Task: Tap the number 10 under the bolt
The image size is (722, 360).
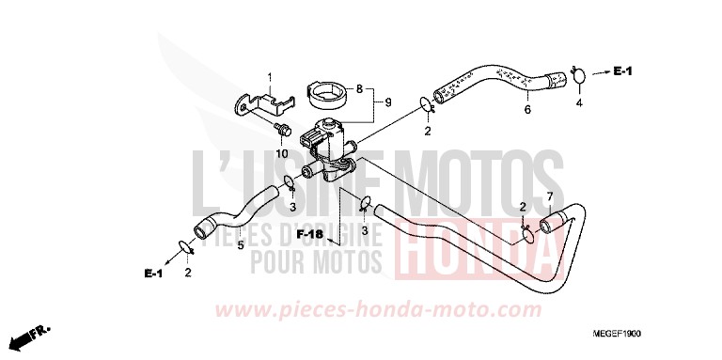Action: click(x=281, y=153)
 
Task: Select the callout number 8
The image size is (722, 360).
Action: click(x=357, y=90)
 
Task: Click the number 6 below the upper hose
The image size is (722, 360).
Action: click(x=526, y=111)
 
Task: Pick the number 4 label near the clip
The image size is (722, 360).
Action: click(x=579, y=102)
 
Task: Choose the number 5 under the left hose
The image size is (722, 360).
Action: click(x=240, y=245)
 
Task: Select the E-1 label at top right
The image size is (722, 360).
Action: click(x=624, y=71)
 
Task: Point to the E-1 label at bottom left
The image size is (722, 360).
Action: click(x=153, y=274)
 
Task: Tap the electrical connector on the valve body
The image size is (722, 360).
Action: click(x=313, y=143)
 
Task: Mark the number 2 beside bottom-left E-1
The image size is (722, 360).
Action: click(x=187, y=273)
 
